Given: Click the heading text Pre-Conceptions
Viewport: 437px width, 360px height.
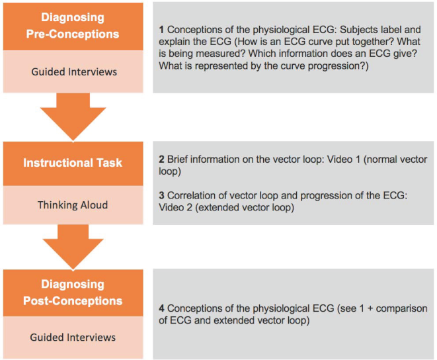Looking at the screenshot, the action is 73,34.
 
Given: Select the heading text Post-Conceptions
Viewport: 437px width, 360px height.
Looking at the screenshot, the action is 73,301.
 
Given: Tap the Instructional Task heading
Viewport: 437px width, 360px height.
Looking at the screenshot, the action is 73,163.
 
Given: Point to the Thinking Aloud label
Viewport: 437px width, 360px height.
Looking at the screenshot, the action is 73,205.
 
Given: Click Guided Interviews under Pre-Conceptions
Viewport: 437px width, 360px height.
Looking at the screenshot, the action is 74,71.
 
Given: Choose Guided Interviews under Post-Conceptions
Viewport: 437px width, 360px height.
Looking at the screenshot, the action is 73,337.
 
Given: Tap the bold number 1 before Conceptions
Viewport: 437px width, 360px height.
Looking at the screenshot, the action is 161,30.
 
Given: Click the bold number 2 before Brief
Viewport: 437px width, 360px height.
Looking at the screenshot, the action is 162,159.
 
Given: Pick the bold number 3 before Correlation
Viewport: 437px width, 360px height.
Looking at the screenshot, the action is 162,195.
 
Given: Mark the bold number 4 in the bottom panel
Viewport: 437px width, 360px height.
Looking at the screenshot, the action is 162,308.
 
